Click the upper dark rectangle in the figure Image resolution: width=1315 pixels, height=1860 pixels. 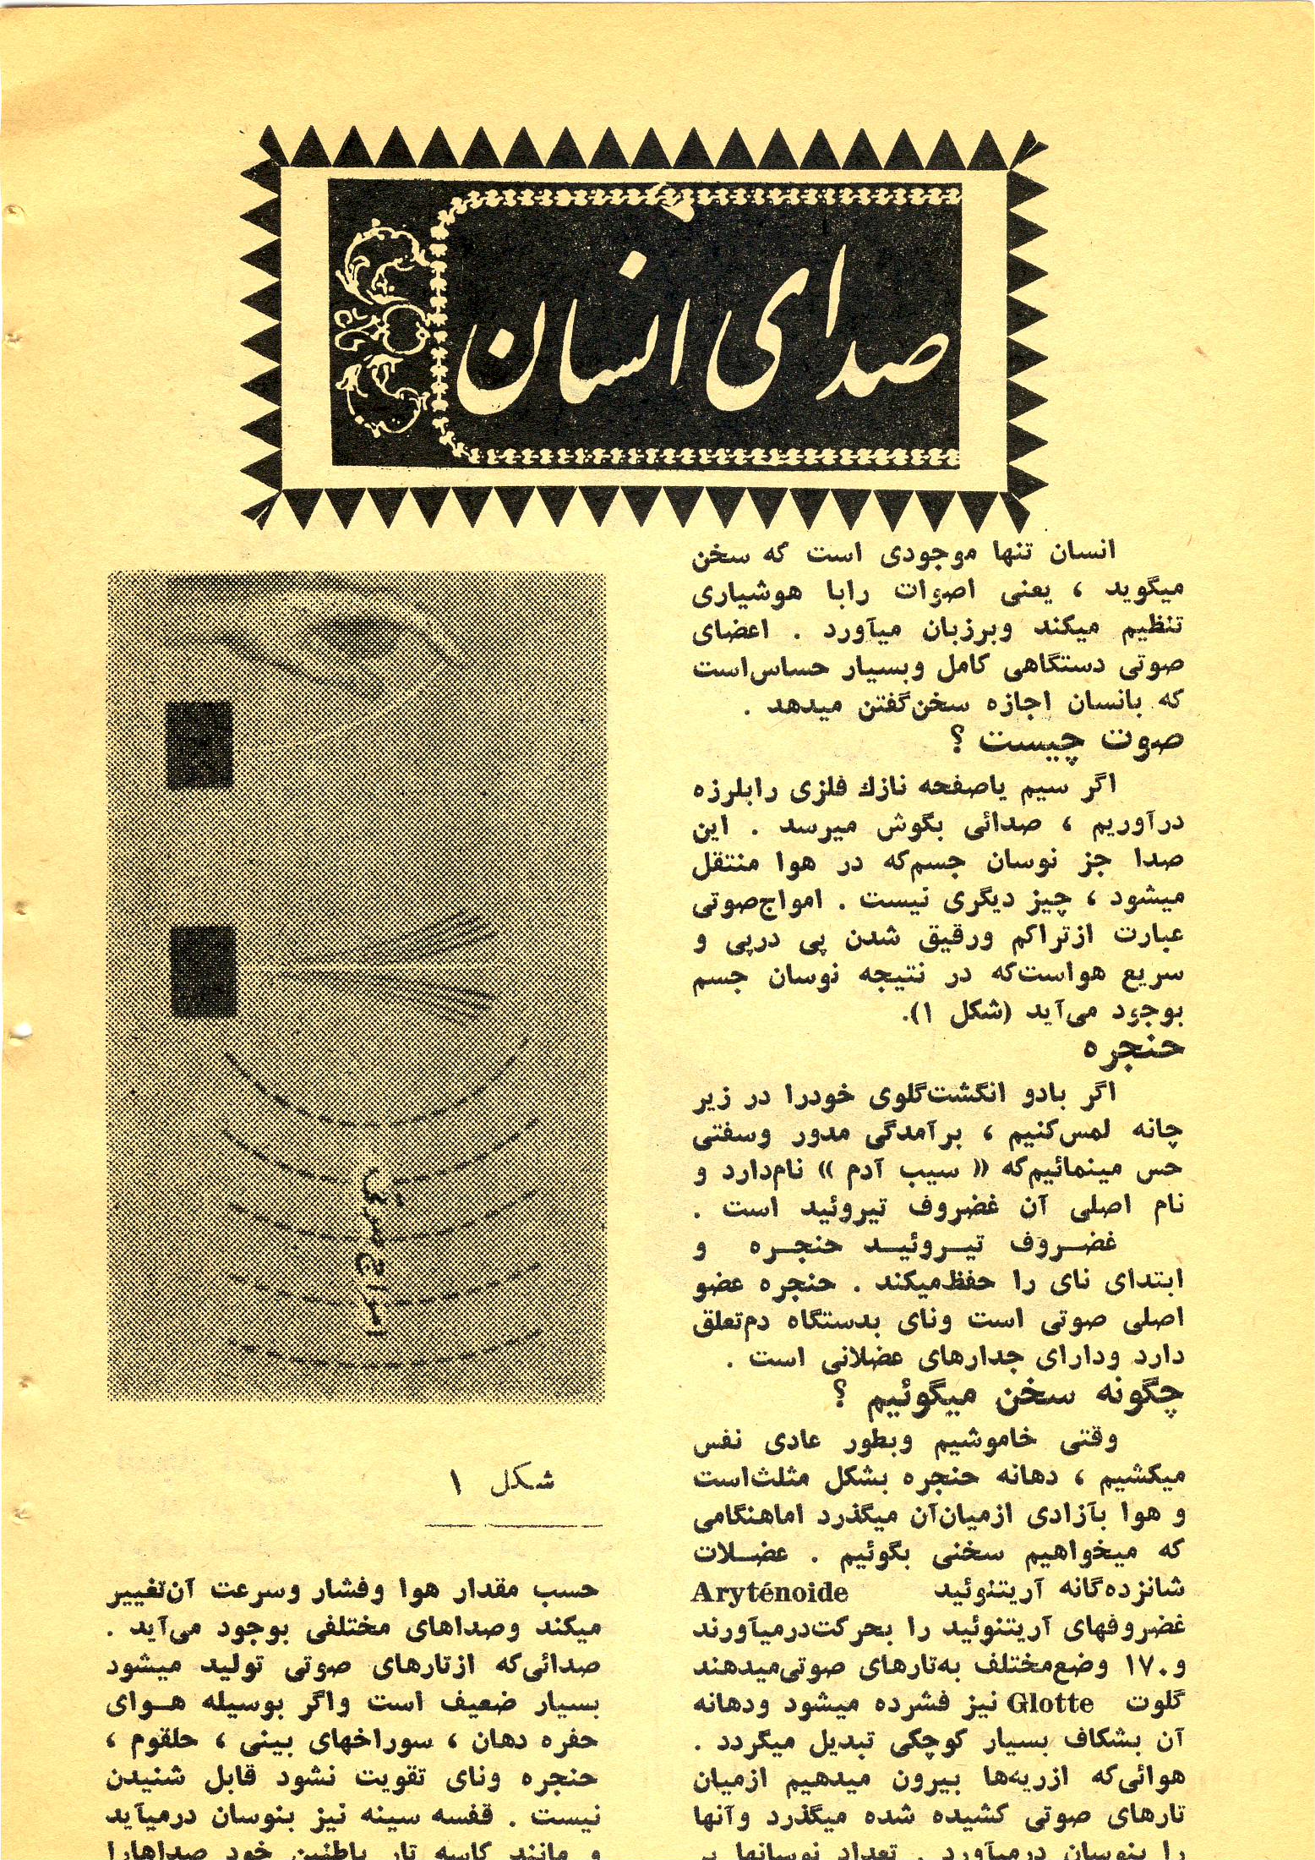click(200, 745)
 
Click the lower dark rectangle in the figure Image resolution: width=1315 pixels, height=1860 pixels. click(203, 970)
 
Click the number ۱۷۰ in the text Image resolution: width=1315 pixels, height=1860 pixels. click(1157, 1666)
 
